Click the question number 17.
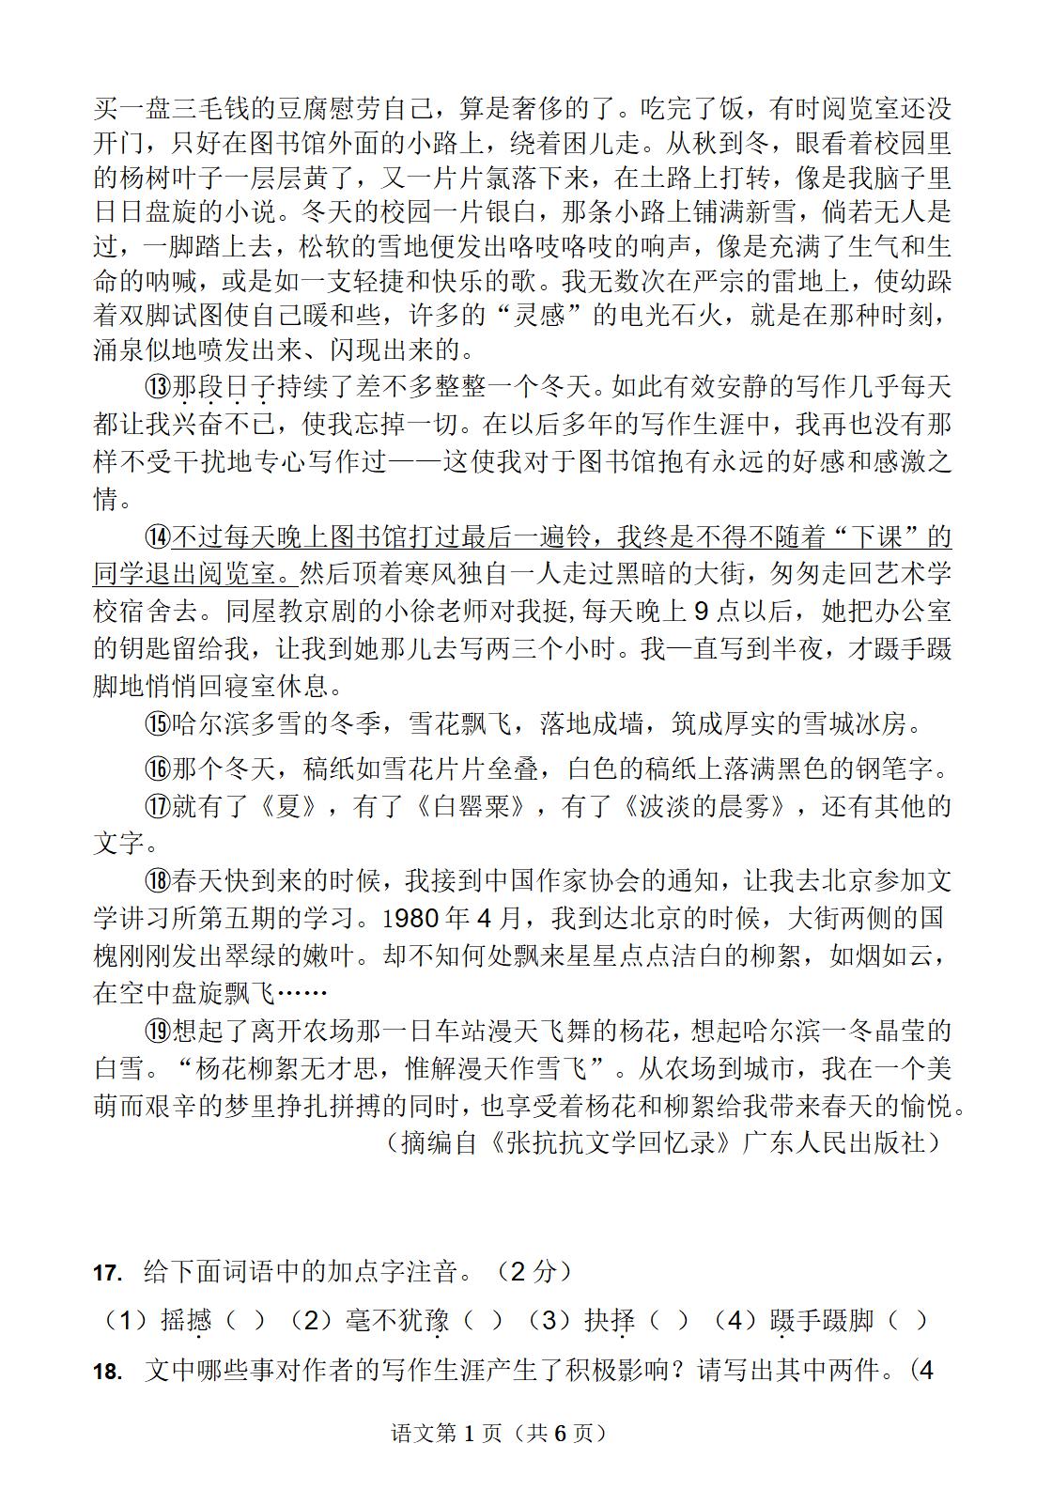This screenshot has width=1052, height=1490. tap(109, 1273)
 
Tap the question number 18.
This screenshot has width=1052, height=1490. tap(109, 1372)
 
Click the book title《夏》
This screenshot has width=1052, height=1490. tap(290, 806)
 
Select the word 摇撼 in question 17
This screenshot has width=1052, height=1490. tap(186, 1321)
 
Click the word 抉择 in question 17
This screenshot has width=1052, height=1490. tap(611, 1321)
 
